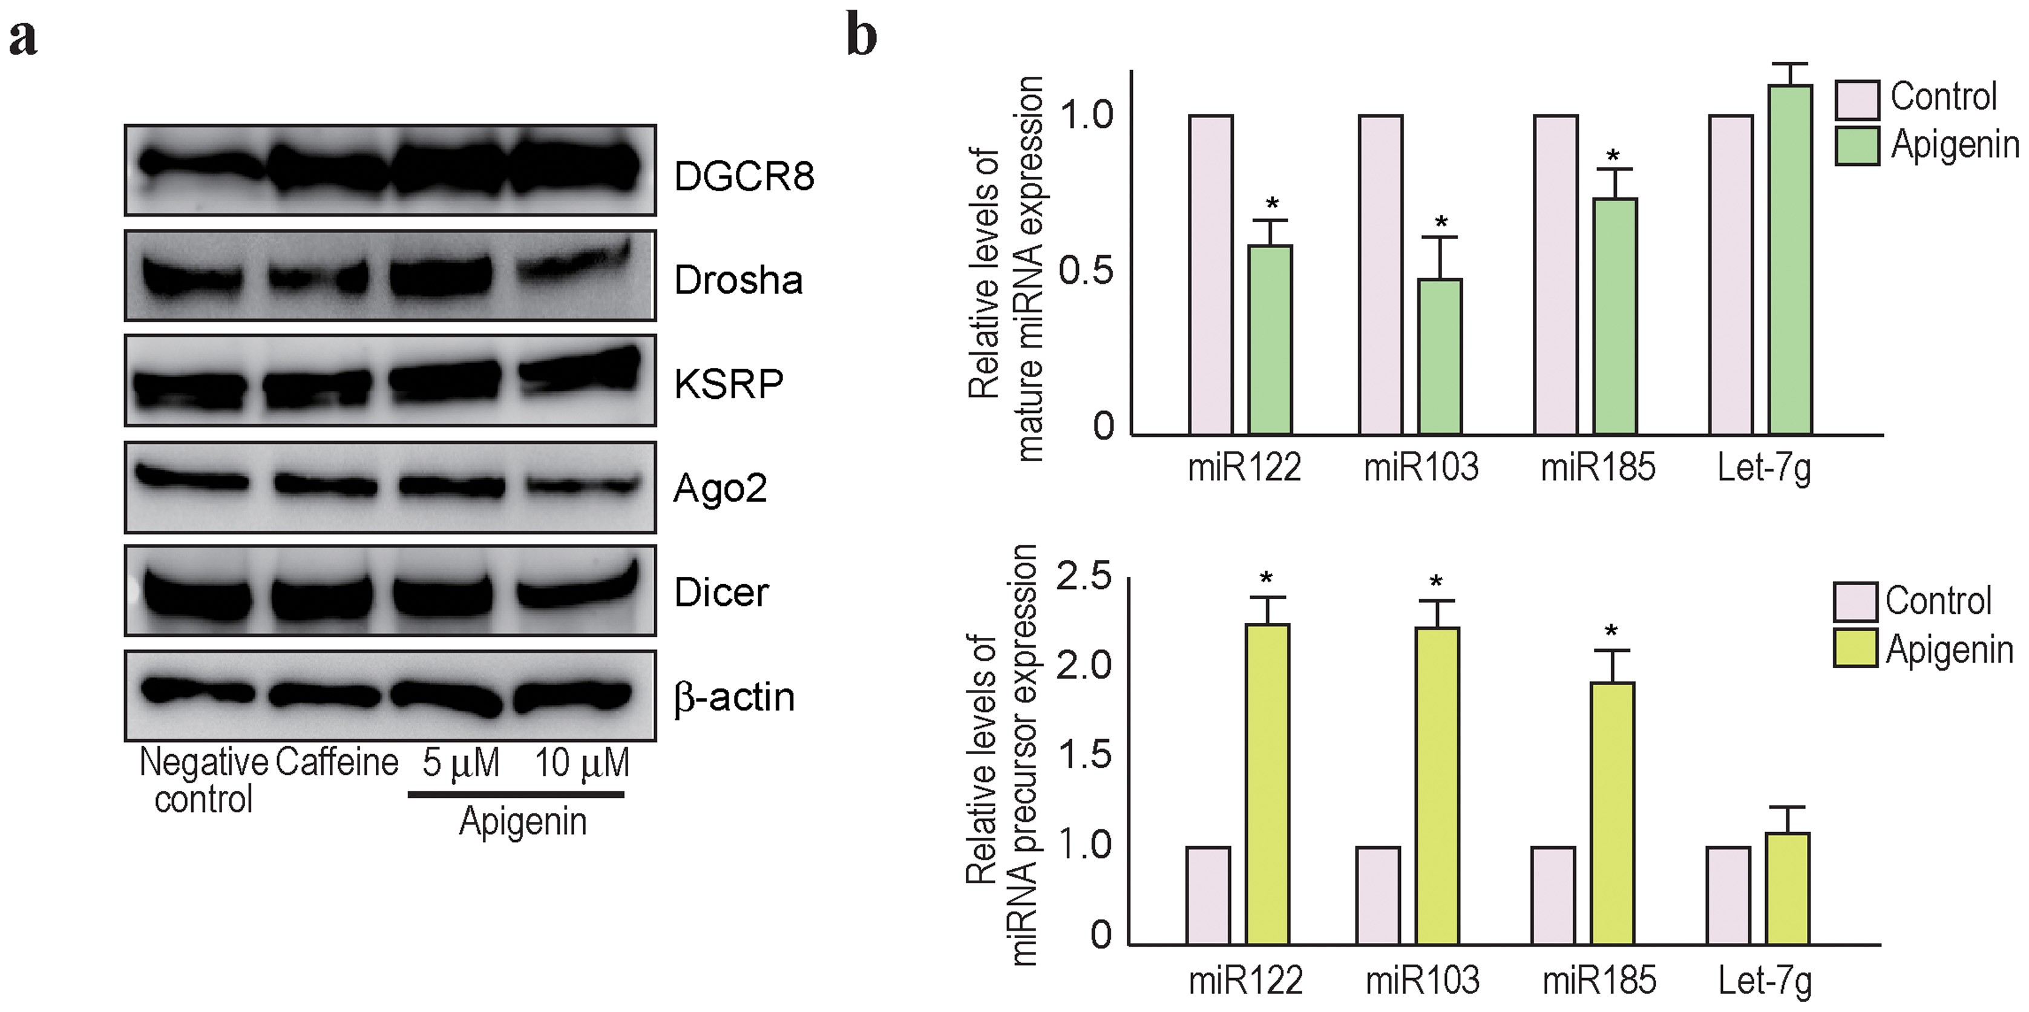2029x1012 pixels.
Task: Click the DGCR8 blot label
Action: click(744, 176)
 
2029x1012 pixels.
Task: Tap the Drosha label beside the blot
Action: click(738, 280)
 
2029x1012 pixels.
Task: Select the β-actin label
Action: click(734, 698)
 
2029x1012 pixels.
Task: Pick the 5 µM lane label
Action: click(461, 763)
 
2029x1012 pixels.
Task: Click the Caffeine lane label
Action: click(336, 763)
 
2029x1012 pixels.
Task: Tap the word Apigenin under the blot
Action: click(522, 821)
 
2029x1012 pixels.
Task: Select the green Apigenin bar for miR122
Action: click(1270, 340)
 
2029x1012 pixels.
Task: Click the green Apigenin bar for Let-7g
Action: click(1789, 259)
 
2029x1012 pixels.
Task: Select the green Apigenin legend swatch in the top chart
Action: click(1857, 146)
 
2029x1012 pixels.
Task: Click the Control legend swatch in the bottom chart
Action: click(1854, 602)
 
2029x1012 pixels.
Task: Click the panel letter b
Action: click(861, 36)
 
